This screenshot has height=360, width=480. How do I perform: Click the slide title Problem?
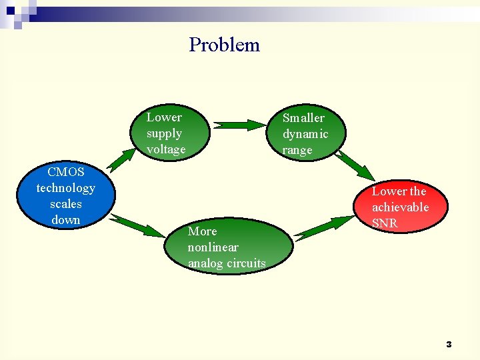[224, 45]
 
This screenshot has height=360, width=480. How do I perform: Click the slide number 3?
[449, 345]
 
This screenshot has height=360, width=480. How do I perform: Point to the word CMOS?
[65, 172]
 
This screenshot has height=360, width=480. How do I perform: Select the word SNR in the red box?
[385, 223]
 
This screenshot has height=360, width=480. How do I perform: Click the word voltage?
[166, 149]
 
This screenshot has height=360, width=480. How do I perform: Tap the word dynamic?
[305, 134]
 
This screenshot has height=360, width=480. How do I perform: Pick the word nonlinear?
[213, 247]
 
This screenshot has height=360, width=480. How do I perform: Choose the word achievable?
[400, 207]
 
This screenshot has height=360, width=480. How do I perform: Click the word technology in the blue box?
[65, 188]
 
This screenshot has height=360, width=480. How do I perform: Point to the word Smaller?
[303, 118]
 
